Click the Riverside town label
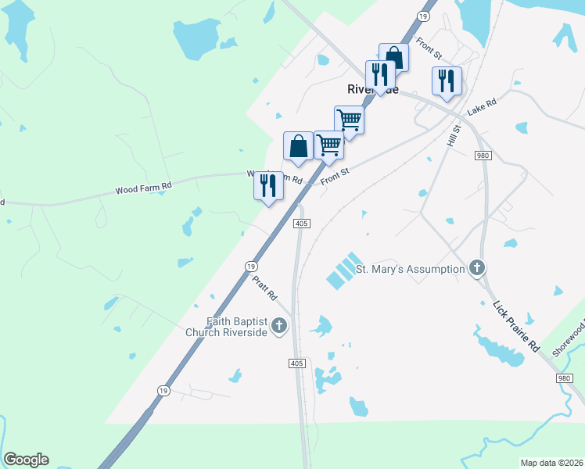tap(373, 89)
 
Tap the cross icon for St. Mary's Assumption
tap(477, 269)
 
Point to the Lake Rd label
tap(482, 107)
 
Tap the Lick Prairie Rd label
tap(516, 324)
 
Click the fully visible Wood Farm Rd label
tap(143, 188)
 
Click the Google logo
tap(26, 460)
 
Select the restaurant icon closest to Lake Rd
tap(447, 81)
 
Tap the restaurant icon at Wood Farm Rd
tap(268, 185)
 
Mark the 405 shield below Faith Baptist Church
tap(296, 363)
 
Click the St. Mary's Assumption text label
tap(411, 269)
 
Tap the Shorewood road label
tap(569, 336)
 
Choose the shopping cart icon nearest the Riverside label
tap(349, 120)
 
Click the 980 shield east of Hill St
tap(483, 156)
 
